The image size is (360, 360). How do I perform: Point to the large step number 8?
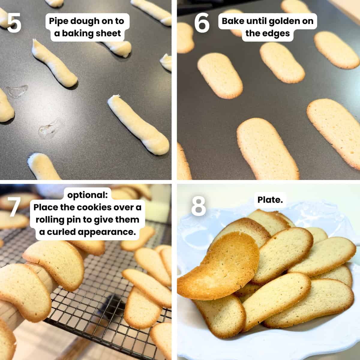198,206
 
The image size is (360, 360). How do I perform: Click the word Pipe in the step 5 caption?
58,21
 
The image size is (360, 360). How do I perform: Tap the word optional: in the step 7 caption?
87,195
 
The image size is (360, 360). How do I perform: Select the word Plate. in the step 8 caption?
270,200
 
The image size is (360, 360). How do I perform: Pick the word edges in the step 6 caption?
276,33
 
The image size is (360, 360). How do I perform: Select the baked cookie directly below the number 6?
220,75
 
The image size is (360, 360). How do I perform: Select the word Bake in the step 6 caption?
233,21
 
